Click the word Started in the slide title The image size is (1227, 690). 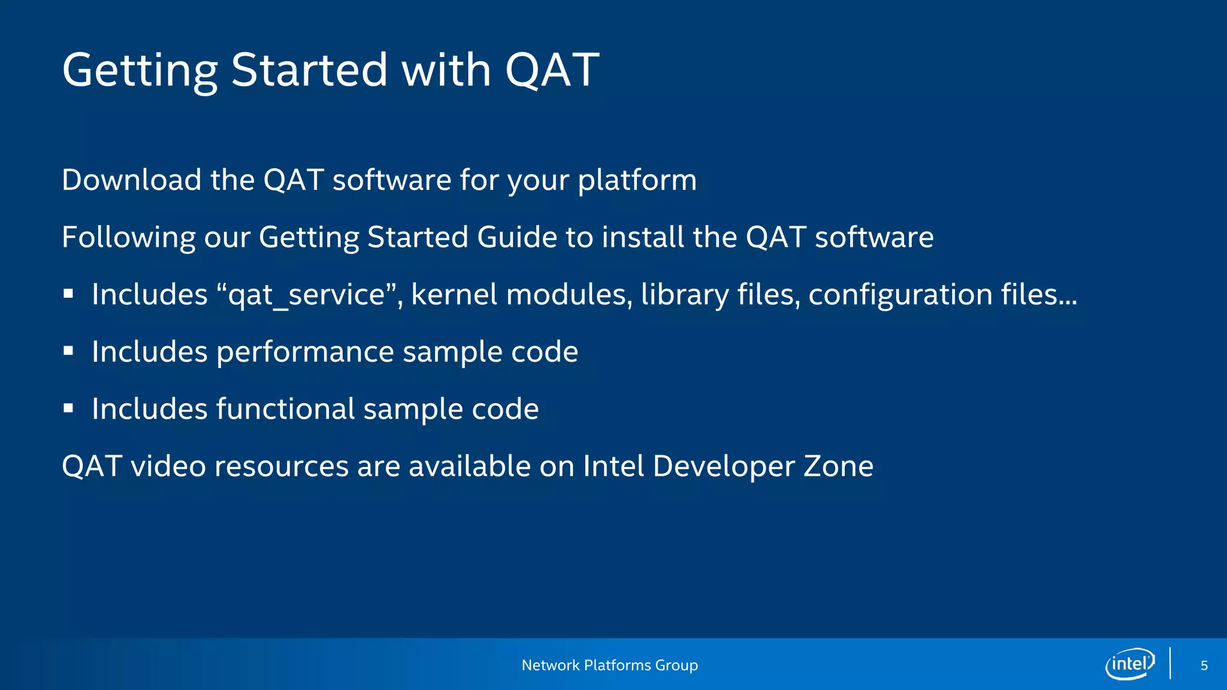pyautogui.click(x=309, y=70)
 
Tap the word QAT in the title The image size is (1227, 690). pyautogui.click(x=551, y=70)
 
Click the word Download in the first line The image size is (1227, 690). pyautogui.click(x=131, y=180)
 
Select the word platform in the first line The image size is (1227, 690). pyautogui.click(x=637, y=180)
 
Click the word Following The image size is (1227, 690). pyautogui.click(x=128, y=237)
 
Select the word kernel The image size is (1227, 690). pyautogui.click(x=454, y=295)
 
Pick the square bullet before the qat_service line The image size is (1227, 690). pyautogui.click(x=68, y=294)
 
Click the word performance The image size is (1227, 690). pyautogui.click(x=305, y=352)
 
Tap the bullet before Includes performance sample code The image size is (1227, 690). pyautogui.click(x=68, y=351)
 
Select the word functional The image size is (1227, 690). pyautogui.click(x=285, y=409)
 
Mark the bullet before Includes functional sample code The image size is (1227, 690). pyautogui.click(x=68, y=408)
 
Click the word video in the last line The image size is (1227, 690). pyautogui.click(x=168, y=466)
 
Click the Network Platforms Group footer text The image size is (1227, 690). pyautogui.click(x=609, y=665)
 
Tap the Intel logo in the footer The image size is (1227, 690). pyautogui.click(x=1130, y=664)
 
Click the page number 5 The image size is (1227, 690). pyautogui.click(x=1204, y=665)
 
